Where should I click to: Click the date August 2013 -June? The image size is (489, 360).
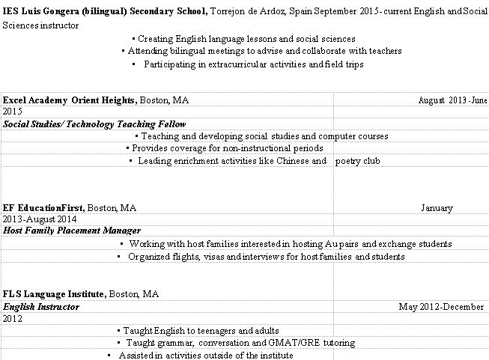[x=453, y=100]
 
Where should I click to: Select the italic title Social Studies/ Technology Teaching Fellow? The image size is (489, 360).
[x=94, y=123]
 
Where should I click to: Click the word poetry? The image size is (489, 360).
[x=348, y=161]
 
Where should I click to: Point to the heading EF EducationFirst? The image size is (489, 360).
[x=43, y=207]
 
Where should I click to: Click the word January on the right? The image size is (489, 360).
[x=437, y=207]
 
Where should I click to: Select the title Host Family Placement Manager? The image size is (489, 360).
[x=72, y=231]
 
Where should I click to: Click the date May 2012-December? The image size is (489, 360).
[x=441, y=307]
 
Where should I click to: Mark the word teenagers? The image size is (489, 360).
[x=214, y=330]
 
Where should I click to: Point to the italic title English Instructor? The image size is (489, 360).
[x=41, y=307]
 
